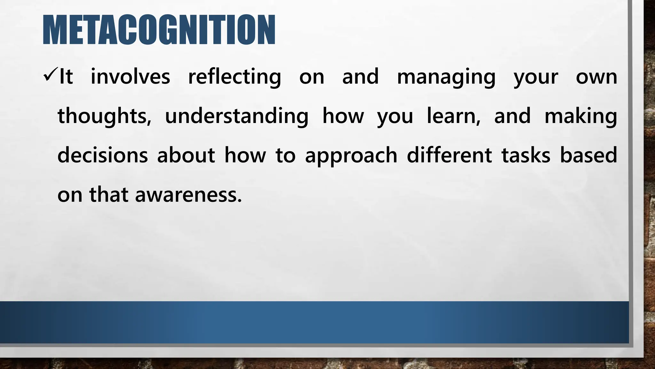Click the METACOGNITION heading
[x=159, y=30]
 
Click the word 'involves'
[x=130, y=77]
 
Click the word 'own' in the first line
[x=596, y=77]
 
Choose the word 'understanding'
[x=236, y=116]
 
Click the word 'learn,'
[x=454, y=116]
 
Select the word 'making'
[x=580, y=116]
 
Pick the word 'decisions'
[x=102, y=155]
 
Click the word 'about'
[x=186, y=155]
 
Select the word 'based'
[x=588, y=155]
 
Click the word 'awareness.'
[x=188, y=195]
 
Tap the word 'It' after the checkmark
[x=66, y=77]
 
